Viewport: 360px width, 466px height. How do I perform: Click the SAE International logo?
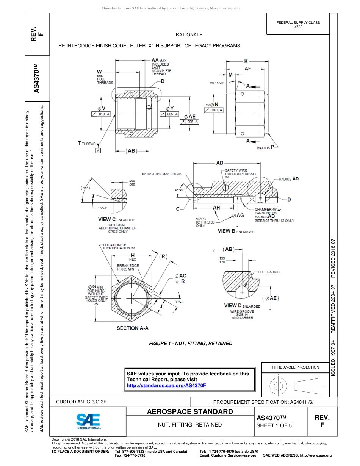click(88, 421)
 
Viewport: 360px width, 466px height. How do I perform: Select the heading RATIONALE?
click(189, 35)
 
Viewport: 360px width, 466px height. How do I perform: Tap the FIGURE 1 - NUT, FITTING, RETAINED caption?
click(191, 344)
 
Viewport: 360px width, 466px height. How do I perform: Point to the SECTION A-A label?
click(132, 328)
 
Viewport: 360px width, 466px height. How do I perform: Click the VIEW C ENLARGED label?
click(116, 220)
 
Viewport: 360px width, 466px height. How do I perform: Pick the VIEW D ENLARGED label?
click(242, 306)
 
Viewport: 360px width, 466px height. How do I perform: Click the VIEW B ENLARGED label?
click(236, 231)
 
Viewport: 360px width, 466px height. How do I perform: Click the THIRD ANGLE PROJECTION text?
click(295, 367)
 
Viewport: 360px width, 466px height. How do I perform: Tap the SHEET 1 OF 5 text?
click(274, 425)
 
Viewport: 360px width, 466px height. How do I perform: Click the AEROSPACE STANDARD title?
click(189, 412)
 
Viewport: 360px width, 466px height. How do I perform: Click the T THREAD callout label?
click(87, 143)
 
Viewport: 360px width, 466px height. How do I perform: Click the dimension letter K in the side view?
click(246, 61)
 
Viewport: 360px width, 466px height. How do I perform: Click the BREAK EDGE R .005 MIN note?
click(128, 267)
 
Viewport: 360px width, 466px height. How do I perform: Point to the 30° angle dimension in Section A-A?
click(178, 302)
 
